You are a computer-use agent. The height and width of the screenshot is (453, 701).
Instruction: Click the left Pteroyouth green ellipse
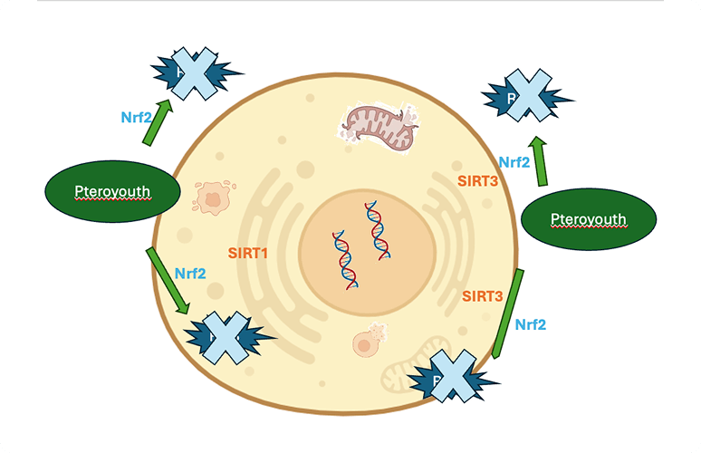click(x=112, y=190)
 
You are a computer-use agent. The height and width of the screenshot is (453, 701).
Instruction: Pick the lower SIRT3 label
click(x=483, y=296)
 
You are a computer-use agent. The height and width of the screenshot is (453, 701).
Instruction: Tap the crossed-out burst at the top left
click(x=193, y=72)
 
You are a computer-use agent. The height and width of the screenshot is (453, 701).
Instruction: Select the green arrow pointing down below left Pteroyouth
click(x=168, y=279)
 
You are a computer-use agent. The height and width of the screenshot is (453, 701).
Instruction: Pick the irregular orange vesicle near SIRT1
click(x=214, y=197)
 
